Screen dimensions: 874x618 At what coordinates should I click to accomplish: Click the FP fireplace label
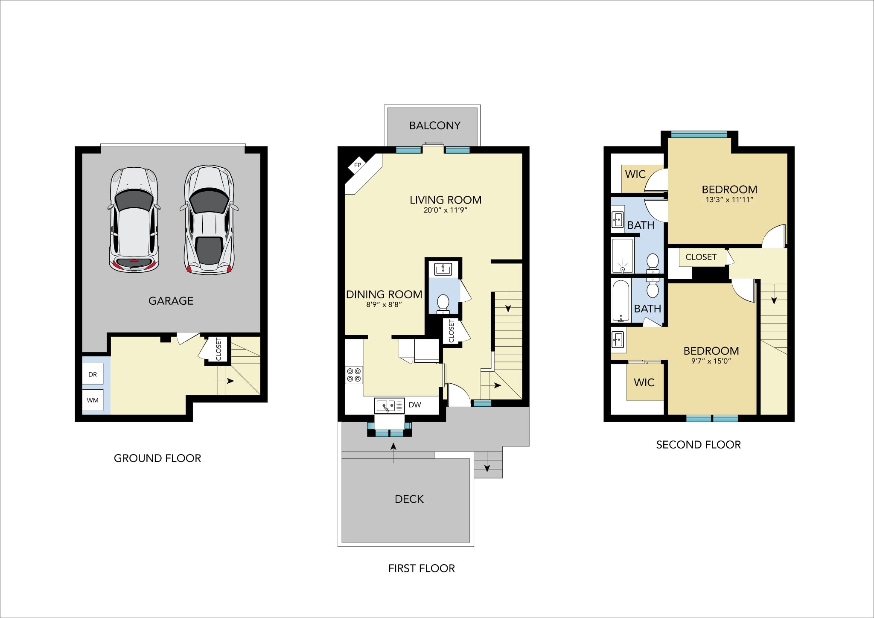point(358,165)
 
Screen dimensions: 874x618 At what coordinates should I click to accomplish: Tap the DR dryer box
point(93,374)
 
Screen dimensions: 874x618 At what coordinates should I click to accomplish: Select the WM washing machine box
point(93,400)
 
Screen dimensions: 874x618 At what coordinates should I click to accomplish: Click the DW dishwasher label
point(415,405)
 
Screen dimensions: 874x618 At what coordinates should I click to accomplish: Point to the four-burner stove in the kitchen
point(354,375)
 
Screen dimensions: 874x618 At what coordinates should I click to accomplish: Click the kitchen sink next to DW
point(389,405)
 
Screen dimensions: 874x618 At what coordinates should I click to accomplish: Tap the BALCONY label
point(435,125)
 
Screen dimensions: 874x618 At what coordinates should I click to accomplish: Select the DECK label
point(409,499)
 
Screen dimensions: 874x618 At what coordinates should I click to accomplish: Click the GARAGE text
point(171,301)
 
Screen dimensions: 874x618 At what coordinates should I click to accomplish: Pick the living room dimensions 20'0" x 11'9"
point(446,210)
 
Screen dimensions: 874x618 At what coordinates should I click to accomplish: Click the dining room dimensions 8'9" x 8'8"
point(384,305)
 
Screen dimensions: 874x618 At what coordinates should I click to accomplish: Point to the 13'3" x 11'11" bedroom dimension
point(729,199)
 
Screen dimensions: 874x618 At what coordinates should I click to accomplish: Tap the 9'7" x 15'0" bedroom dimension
point(711,361)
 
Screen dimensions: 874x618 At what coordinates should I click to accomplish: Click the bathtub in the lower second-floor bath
point(621,300)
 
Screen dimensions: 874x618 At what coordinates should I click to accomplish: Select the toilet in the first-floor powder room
point(443,303)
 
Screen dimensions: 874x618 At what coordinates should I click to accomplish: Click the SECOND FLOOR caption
point(698,445)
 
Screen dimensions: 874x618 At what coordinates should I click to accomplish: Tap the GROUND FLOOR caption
point(157,458)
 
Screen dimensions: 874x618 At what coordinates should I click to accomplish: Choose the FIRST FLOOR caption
point(422,568)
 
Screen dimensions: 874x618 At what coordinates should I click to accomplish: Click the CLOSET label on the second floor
point(701,257)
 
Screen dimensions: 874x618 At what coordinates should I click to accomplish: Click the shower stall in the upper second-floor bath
point(623,255)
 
